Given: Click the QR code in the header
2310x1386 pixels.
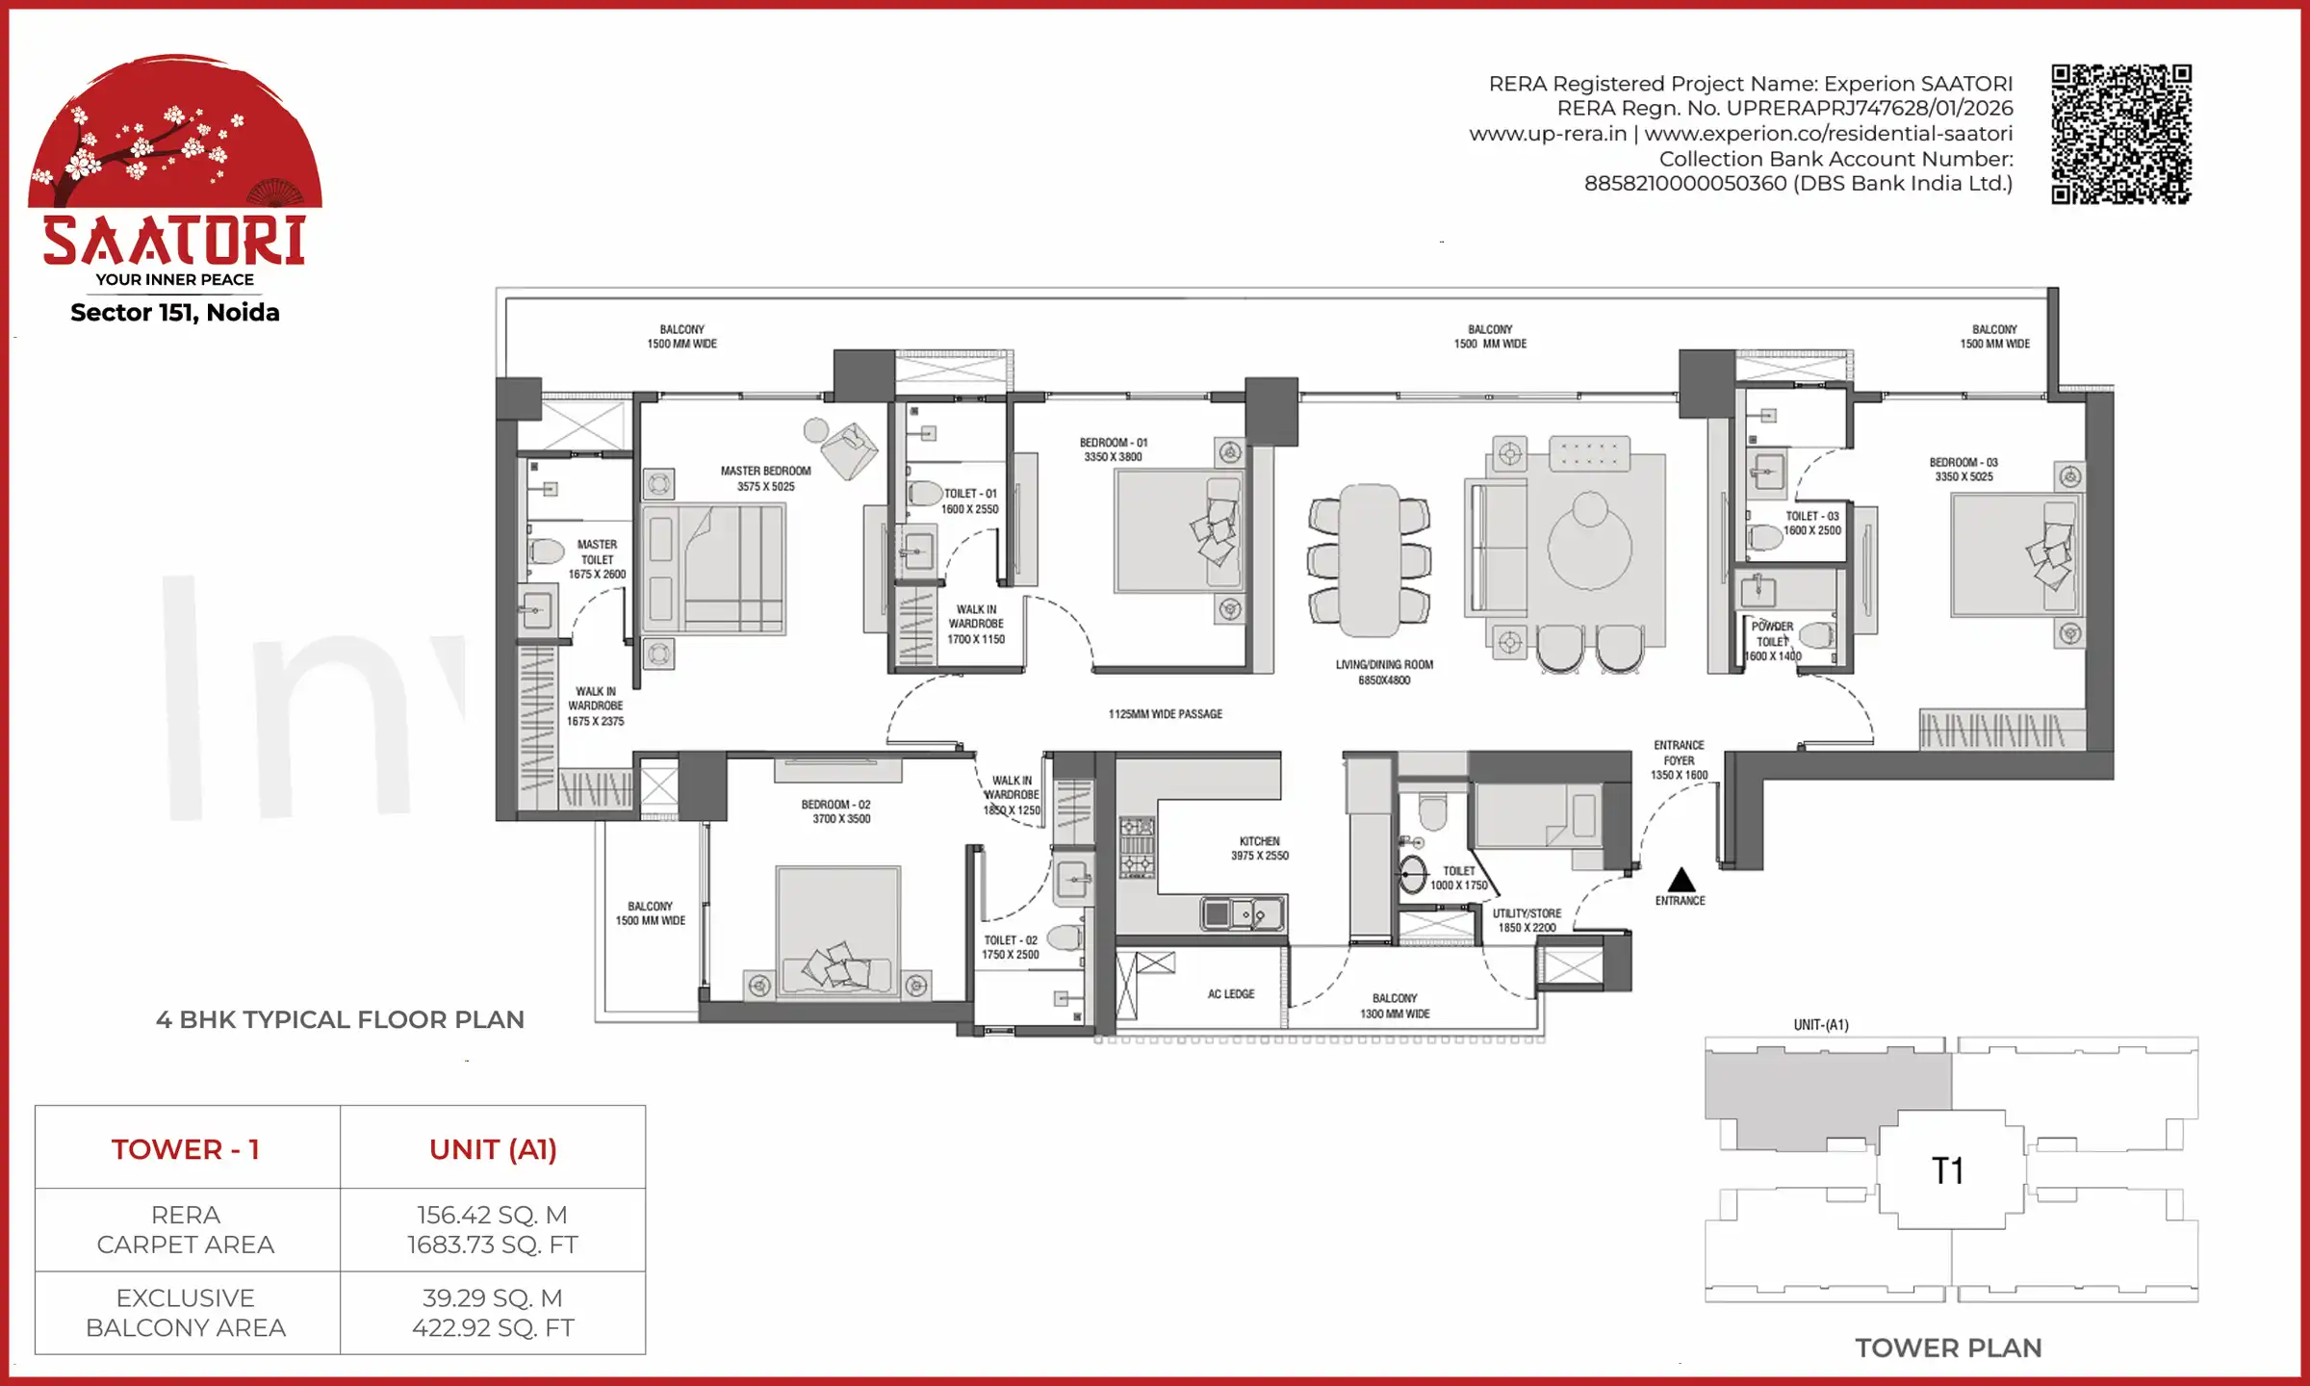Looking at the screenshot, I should pyautogui.click(x=2121, y=134).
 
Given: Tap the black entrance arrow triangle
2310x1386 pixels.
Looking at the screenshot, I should pyautogui.click(x=1681, y=880).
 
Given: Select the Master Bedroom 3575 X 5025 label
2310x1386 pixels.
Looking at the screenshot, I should pyautogui.click(x=765, y=478).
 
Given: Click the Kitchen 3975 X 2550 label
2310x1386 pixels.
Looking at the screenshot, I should pyautogui.click(x=1259, y=848).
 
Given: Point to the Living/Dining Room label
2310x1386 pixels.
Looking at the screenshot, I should pyautogui.click(x=1384, y=672).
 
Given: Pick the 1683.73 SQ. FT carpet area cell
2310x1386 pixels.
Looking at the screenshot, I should pyautogui.click(x=492, y=1245).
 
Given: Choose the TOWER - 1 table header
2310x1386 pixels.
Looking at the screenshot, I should pyautogui.click(x=186, y=1149).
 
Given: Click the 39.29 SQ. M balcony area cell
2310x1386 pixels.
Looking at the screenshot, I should pyautogui.click(x=492, y=1297).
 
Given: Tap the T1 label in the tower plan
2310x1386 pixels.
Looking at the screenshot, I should pyautogui.click(x=1947, y=1170).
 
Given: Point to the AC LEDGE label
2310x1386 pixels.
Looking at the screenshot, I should pyautogui.click(x=1230, y=993).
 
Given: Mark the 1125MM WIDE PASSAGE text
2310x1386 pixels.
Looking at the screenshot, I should pyautogui.click(x=1165, y=714).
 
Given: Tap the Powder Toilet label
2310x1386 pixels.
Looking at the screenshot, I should pyautogui.click(x=1772, y=641).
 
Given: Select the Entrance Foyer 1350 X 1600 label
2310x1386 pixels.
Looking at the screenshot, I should pyautogui.click(x=1679, y=759).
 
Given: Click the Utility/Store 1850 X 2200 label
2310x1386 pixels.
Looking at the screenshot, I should pyautogui.click(x=1527, y=920).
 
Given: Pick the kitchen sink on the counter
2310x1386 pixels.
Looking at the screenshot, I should pyautogui.click(x=1242, y=912).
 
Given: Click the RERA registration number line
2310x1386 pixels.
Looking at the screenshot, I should pyautogui.click(x=1784, y=108).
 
